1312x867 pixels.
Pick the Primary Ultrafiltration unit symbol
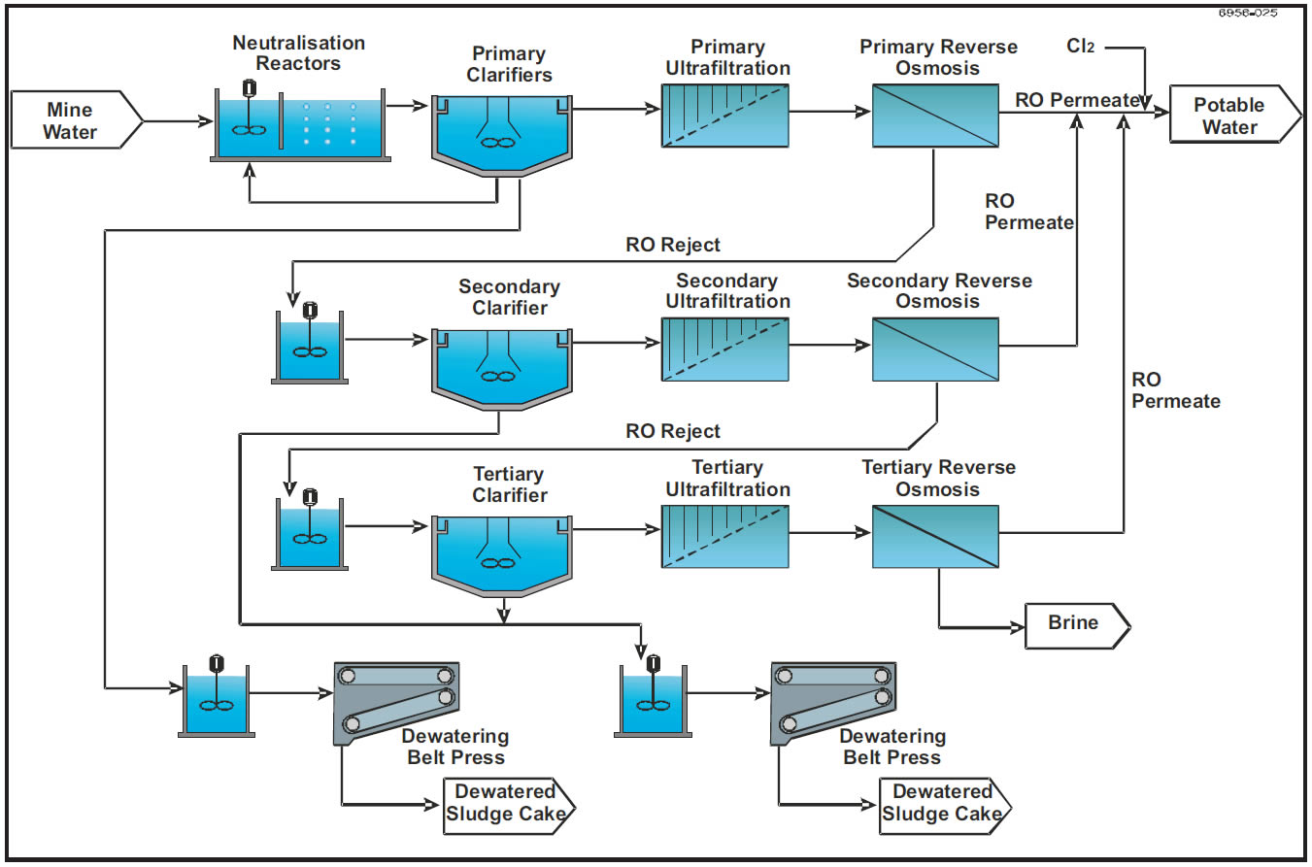pyautogui.click(x=724, y=115)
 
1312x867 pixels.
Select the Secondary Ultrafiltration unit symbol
pyautogui.click(x=724, y=348)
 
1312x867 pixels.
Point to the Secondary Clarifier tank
pyautogui.click(x=501, y=364)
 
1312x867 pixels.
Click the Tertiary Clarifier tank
pyautogui.click(x=501, y=550)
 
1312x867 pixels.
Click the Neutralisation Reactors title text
pyautogui.click(x=298, y=53)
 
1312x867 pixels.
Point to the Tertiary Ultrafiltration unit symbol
pyautogui.click(x=724, y=536)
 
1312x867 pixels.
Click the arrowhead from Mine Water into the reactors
pyautogui.click(x=207, y=121)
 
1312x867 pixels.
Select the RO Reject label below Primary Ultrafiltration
pyautogui.click(x=673, y=245)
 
